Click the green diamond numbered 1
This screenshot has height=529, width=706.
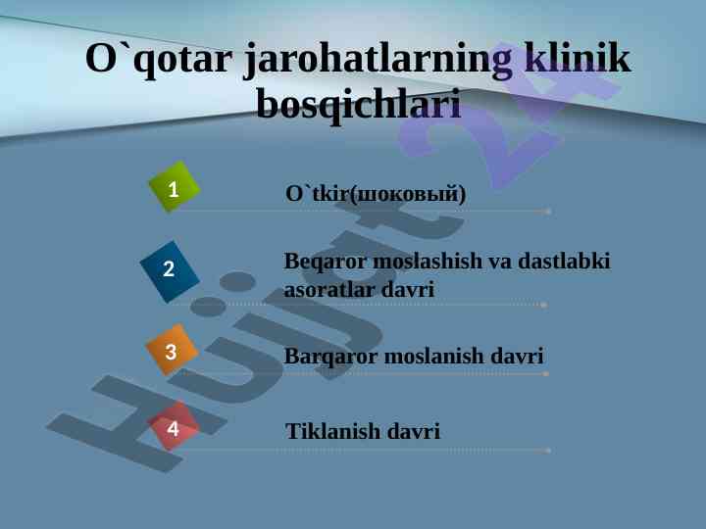click(175, 186)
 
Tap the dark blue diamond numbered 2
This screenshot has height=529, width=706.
click(170, 271)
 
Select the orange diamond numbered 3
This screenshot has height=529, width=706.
click(172, 350)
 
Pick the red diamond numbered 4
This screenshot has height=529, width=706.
click(173, 426)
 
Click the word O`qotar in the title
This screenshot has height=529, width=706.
click(159, 60)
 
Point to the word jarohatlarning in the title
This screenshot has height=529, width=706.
click(378, 60)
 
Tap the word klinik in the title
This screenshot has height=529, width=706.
click(578, 58)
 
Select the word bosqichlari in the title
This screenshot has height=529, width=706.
click(359, 105)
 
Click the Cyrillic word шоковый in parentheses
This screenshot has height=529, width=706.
click(408, 194)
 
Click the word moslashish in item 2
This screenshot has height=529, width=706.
click(428, 261)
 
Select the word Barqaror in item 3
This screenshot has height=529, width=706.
click(331, 357)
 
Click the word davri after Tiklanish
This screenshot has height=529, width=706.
click(414, 431)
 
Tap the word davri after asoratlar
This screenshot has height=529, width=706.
click(408, 289)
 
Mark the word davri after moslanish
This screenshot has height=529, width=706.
click(517, 356)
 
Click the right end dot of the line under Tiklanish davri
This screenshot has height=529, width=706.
click(547, 451)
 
